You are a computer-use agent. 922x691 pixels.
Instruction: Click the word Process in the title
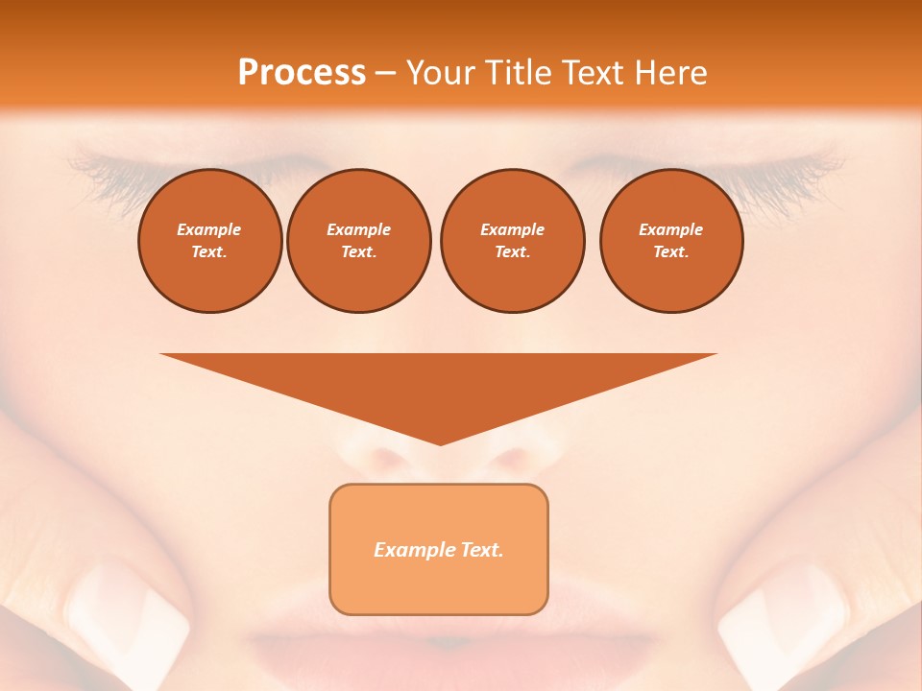pyautogui.click(x=302, y=73)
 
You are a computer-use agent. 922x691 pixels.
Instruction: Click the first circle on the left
pyautogui.click(x=209, y=241)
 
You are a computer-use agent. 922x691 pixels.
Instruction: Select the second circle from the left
pyautogui.click(x=358, y=241)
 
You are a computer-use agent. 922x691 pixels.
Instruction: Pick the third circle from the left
pyautogui.click(x=512, y=241)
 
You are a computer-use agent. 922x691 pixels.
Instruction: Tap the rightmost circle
pyautogui.click(x=670, y=241)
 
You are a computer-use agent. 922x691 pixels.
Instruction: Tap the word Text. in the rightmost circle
pyautogui.click(x=670, y=252)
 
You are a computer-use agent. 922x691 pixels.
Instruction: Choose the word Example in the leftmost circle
pyautogui.click(x=209, y=229)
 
